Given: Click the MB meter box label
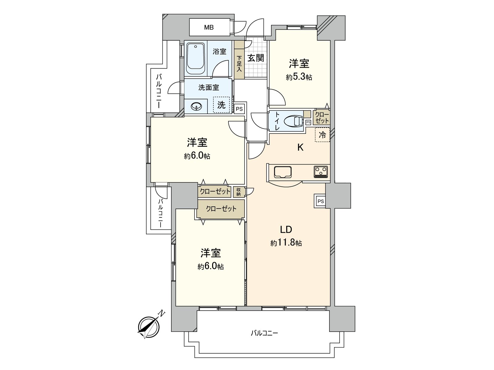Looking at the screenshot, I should pyautogui.click(x=209, y=27).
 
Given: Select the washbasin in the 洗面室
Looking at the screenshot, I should pyautogui.click(x=196, y=107).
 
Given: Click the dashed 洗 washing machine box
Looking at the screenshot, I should pyautogui.click(x=221, y=105).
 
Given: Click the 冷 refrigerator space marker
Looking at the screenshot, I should pyautogui.click(x=322, y=135).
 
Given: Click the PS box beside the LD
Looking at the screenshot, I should pyautogui.click(x=320, y=201).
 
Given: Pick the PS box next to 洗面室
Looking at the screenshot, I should pyautogui.click(x=239, y=109).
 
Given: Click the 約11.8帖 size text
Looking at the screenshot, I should pyautogui.click(x=286, y=243).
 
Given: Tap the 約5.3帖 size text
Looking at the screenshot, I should pyautogui.click(x=299, y=77).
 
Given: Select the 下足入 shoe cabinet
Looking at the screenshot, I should pyautogui.click(x=239, y=63).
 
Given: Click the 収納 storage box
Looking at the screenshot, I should pyautogui.click(x=239, y=192).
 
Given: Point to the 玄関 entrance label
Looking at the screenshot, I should pyautogui.click(x=256, y=58).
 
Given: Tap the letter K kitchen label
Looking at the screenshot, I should pyautogui.click(x=300, y=148).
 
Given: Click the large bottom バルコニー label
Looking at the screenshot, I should pyautogui.click(x=264, y=333).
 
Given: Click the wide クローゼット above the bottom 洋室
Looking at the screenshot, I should pyautogui.click(x=221, y=209).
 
